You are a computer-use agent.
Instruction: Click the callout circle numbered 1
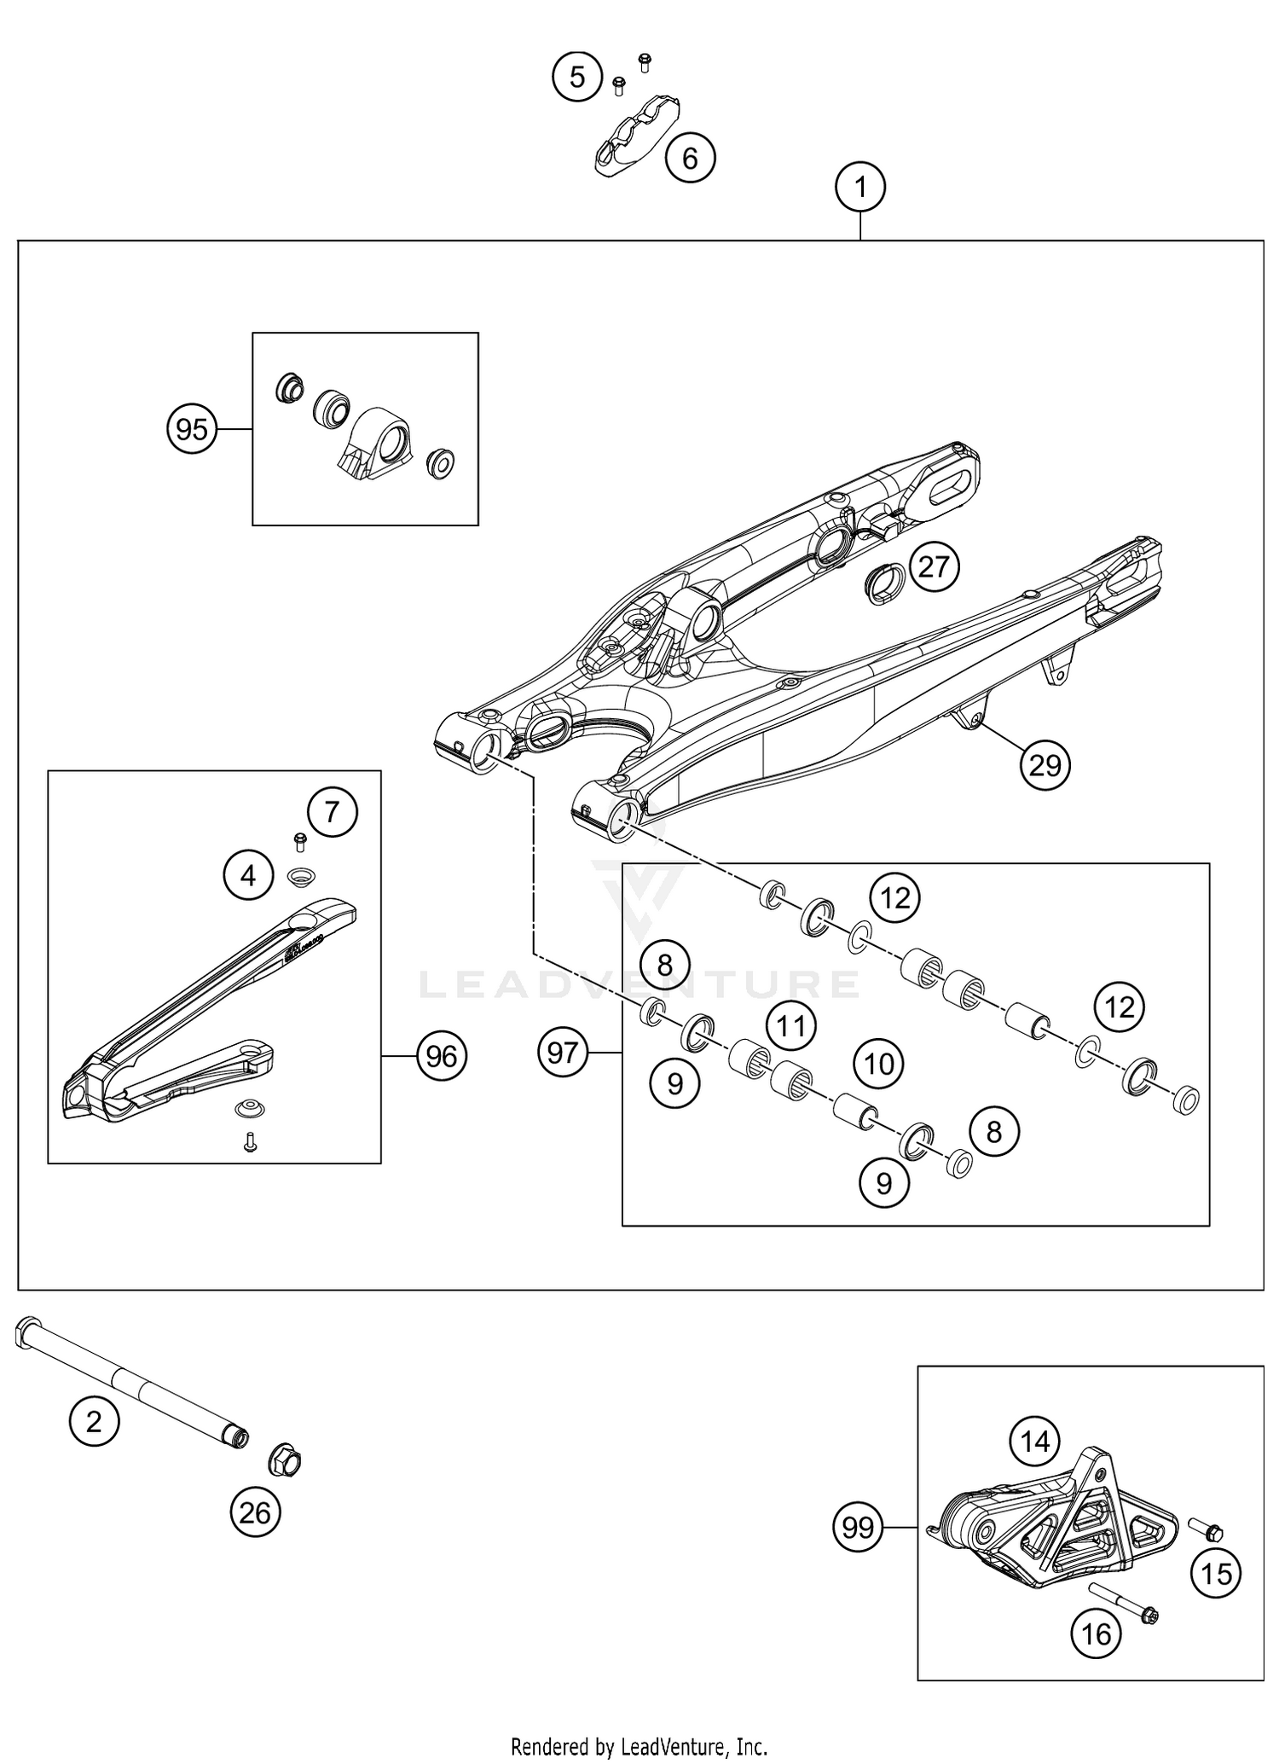(860, 187)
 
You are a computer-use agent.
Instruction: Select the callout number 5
(577, 77)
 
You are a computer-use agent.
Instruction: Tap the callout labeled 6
(690, 158)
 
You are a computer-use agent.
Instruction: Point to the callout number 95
(191, 429)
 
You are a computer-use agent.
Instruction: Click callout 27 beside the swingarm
(934, 566)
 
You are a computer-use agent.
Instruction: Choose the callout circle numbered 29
(1045, 765)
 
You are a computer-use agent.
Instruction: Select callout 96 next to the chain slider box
(441, 1057)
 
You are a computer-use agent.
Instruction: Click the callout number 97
(563, 1053)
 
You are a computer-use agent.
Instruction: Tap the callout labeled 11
(791, 1025)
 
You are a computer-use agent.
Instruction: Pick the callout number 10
(879, 1064)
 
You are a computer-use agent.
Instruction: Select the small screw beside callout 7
(299, 842)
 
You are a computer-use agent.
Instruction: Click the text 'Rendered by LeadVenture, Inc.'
(639, 1746)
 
